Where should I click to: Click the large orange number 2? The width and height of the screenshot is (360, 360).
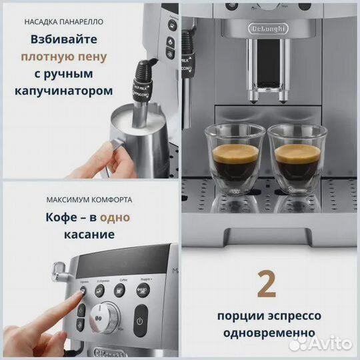point(267,283)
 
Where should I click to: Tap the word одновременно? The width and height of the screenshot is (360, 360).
point(268,331)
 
